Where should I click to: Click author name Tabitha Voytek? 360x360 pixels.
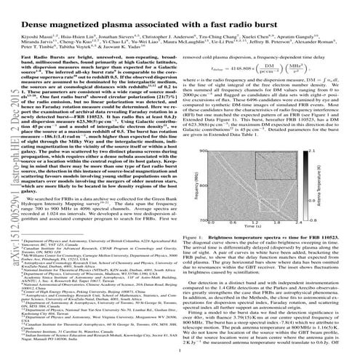(119, 42)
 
